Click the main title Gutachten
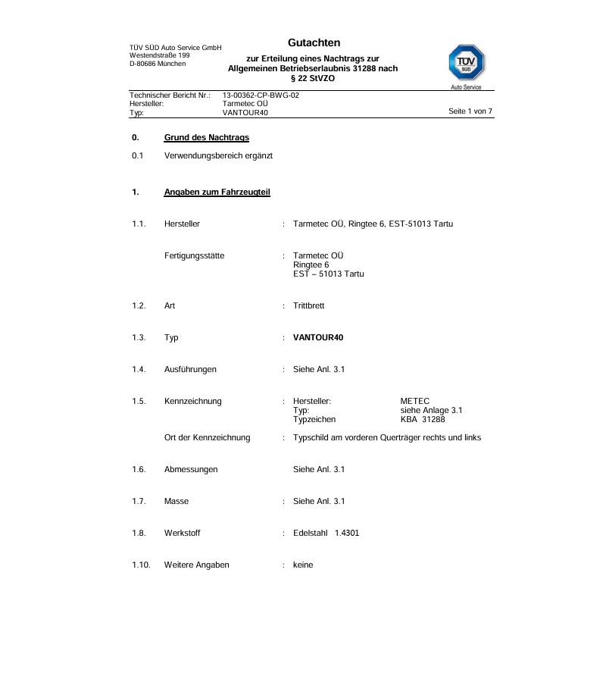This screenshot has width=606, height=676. click(314, 43)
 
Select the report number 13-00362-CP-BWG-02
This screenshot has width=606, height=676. click(261, 95)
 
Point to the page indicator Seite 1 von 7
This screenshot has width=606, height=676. click(470, 111)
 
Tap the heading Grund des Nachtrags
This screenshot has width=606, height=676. click(206, 137)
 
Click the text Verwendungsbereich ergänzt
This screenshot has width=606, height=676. click(218, 155)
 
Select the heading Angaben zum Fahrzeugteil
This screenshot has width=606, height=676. click(217, 192)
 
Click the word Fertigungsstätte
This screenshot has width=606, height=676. click(194, 255)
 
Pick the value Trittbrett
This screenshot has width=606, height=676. click(308, 305)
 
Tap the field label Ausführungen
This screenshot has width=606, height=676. click(190, 369)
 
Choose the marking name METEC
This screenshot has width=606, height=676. click(414, 401)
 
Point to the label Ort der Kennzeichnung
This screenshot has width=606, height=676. click(207, 437)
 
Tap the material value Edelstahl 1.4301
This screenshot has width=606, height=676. click(326, 533)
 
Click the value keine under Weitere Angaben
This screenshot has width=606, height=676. click(303, 565)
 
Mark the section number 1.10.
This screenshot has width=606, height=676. click(141, 565)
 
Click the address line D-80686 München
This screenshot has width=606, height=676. click(158, 64)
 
